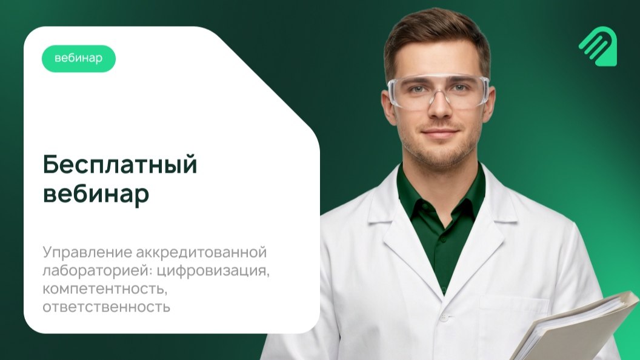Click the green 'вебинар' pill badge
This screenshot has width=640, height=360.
(79, 58)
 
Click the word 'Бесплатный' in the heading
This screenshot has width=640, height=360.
(120, 165)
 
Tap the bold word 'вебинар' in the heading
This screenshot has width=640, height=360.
(96, 194)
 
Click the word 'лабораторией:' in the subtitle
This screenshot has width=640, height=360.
(97, 271)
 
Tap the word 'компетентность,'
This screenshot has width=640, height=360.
(105, 289)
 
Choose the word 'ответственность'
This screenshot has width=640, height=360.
(106, 307)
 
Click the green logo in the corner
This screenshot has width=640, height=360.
(598, 46)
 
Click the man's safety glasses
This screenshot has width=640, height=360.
(439, 92)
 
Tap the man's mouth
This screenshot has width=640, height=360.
(439, 133)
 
